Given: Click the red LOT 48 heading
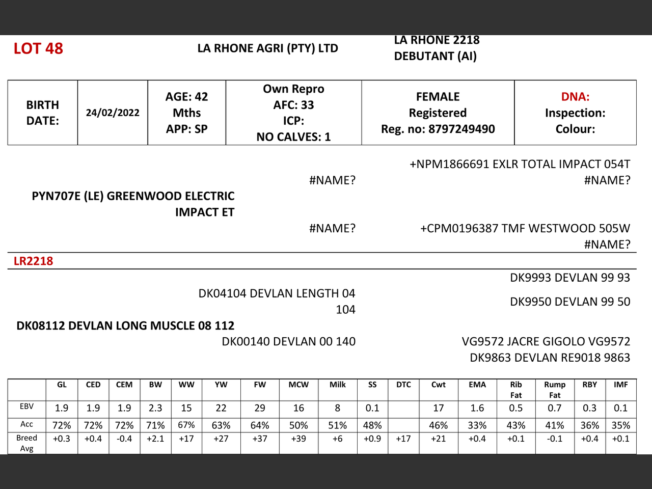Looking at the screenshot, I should point(38,48).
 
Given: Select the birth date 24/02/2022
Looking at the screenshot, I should point(113,113).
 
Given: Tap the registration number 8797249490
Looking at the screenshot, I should point(461,129).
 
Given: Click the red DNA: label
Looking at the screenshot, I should point(575,97).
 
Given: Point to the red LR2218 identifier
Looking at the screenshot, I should point(33,261).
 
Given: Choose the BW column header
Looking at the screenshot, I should point(155,385).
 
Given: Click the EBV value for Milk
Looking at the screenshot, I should point(337,408).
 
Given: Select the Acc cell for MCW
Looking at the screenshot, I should point(298,425).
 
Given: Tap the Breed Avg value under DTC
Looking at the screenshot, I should point(403,439).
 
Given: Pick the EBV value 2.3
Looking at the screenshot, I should point(155,408).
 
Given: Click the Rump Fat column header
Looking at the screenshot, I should point(555,390).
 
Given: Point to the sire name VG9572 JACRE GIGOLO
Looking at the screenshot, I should point(546,341).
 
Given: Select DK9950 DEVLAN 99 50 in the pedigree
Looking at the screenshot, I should point(570,302).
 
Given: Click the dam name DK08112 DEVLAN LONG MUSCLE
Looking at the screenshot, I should point(125,325).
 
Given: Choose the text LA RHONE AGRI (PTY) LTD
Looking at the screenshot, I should point(268,48).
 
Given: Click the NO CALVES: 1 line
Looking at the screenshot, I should point(293,137).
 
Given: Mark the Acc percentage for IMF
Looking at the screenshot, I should point(620,425).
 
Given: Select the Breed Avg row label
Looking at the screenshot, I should point(26,443).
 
